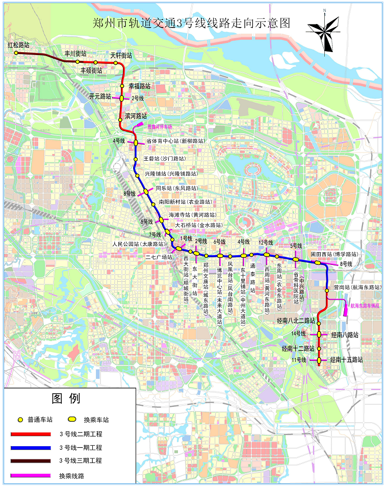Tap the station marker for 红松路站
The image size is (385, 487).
(x=16, y=53)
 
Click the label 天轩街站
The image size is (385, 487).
(x=121, y=55)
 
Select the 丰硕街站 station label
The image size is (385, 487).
(x=91, y=70)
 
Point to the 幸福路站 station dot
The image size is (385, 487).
(x=122, y=86)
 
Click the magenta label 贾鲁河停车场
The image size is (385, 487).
(x=160, y=126)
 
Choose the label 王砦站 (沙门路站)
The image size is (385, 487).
(x=164, y=159)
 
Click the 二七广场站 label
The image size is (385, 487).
(x=159, y=257)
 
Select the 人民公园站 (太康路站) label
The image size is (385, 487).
(x=135, y=244)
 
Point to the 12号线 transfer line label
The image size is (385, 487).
(x=266, y=242)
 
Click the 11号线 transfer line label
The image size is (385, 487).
(x=299, y=360)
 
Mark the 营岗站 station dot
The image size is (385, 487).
(x=327, y=290)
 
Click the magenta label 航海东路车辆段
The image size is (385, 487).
(x=365, y=306)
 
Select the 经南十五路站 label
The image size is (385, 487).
(x=346, y=360)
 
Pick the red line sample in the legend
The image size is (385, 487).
(x=31, y=434)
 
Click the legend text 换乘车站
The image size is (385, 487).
(x=96, y=420)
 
